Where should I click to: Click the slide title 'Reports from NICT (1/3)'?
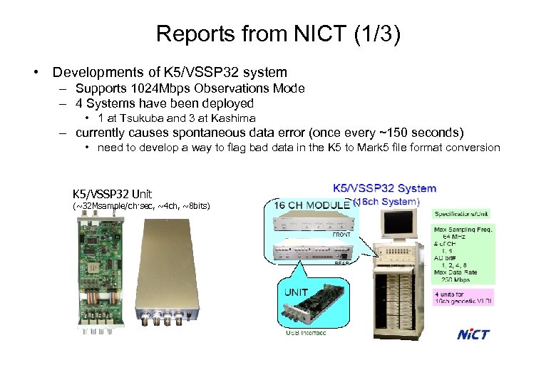click(x=278, y=34)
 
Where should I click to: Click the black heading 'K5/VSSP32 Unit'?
click(x=112, y=193)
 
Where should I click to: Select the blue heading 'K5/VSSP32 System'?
click(x=385, y=188)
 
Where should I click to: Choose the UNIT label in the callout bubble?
click(x=297, y=293)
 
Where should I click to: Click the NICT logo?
click(x=473, y=334)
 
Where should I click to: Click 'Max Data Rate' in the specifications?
click(x=457, y=272)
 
